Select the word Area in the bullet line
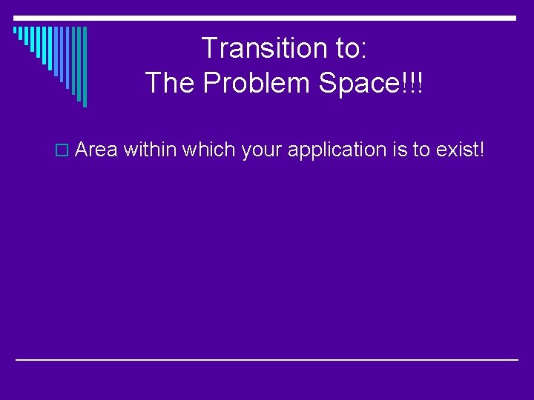(x=96, y=150)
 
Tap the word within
(x=150, y=150)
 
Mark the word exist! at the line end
(x=461, y=150)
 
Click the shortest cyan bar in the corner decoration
(x=16, y=31)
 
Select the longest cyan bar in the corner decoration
(x=85, y=67)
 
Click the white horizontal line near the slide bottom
(x=267, y=359)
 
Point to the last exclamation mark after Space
(x=420, y=83)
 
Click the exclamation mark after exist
(x=481, y=150)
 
